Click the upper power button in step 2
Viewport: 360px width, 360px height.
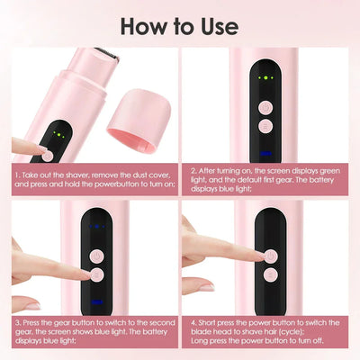(265, 105)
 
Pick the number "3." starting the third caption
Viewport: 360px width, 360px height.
(17, 322)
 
